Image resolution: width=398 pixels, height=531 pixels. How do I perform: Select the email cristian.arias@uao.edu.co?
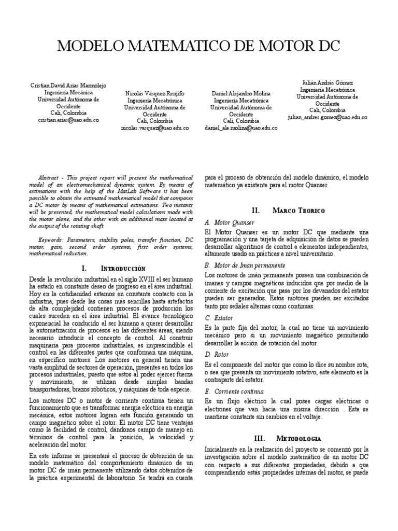tap(68, 120)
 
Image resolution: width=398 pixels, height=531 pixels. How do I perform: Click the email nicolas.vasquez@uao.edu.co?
tap(155, 128)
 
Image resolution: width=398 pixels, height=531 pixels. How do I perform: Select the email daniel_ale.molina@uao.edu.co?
tap(240, 128)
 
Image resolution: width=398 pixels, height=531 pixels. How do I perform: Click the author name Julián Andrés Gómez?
tap(327, 83)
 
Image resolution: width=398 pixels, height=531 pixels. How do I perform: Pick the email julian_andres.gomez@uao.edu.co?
tap(327, 117)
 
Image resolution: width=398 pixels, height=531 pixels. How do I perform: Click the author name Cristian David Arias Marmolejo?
tap(68, 86)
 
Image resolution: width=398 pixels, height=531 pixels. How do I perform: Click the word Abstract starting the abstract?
tap(51, 177)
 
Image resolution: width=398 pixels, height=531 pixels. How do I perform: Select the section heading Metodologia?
tap(299, 438)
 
